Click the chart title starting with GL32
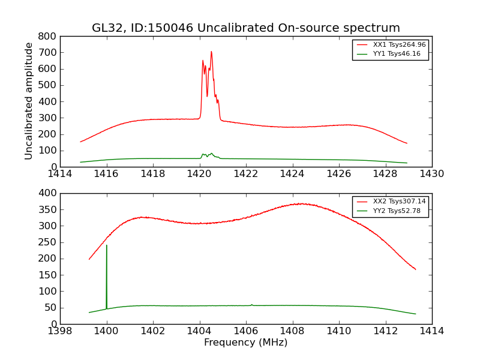[x=245, y=28]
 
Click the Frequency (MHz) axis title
[x=245, y=343]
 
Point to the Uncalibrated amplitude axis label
[x=29, y=101]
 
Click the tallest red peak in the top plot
[x=211, y=52]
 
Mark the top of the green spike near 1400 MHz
[x=107, y=245]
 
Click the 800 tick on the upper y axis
[x=47, y=36]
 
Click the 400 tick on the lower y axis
[x=47, y=193]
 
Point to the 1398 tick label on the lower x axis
[x=60, y=331]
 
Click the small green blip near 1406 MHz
[x=251, y=305]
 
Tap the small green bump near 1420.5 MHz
[x=211, y=154]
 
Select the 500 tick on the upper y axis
[x=47, y=85]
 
